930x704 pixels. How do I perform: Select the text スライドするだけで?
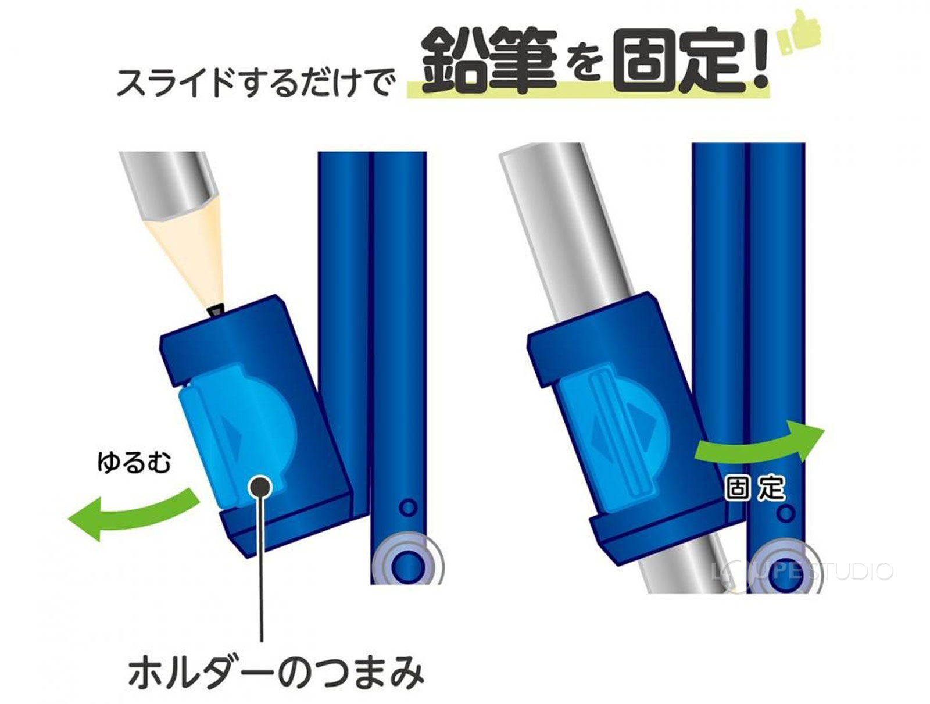(256, 81)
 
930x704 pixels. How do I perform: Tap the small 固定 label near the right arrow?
(755, 488)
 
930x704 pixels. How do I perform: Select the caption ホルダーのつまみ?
(276, 673)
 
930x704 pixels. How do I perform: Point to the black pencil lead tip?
(217, 310)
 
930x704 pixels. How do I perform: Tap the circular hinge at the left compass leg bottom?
(408, 563)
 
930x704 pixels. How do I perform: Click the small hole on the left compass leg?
(409, 508)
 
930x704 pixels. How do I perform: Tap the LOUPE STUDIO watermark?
(802, 571)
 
